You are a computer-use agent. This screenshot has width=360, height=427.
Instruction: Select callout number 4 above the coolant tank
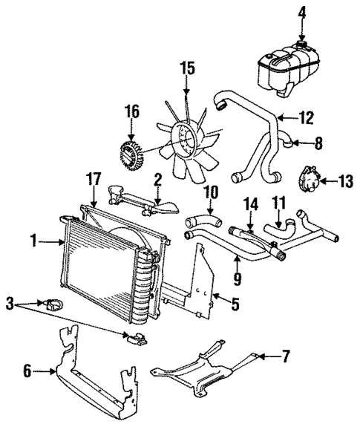(302, 13)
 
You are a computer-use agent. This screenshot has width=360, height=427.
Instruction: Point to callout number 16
(131, 112)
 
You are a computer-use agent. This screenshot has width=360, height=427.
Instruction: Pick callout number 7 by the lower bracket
(284, 357)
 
